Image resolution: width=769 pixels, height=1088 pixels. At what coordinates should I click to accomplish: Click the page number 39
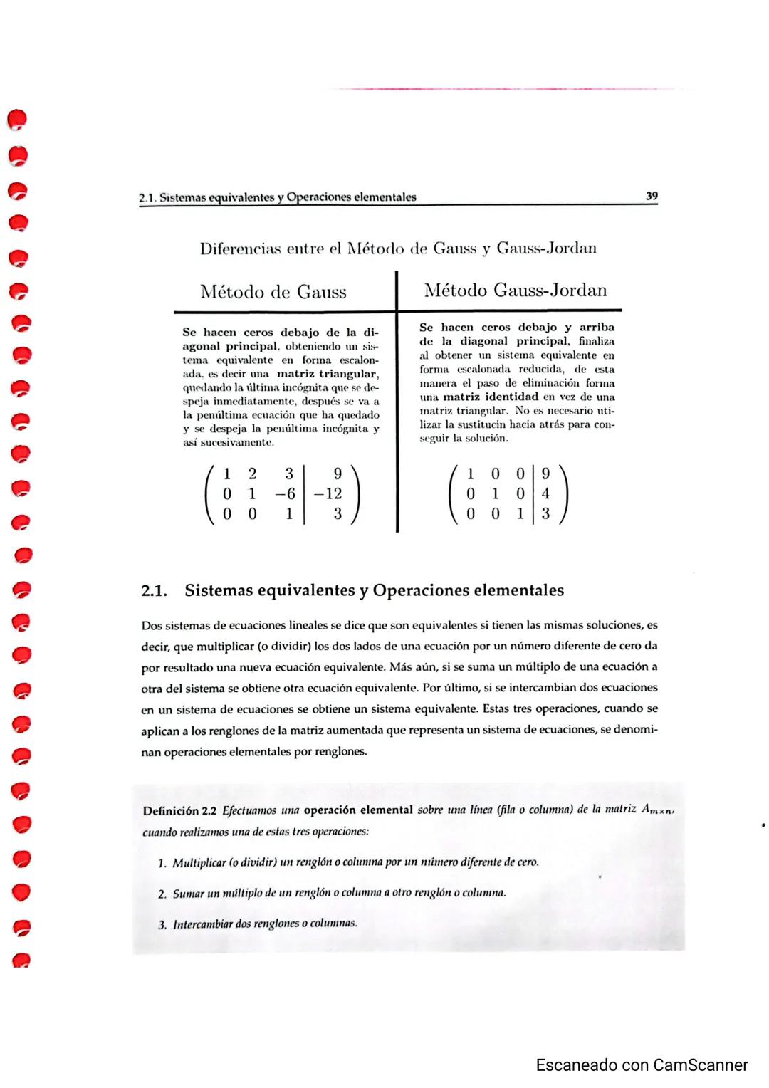pyautogui.click(x=651, y=196)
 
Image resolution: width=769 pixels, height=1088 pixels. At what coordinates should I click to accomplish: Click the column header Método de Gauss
pyautogui.click(x=273, y=292)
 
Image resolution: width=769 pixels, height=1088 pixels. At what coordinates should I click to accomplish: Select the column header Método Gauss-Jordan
pyautogui.click(x=516, y=291)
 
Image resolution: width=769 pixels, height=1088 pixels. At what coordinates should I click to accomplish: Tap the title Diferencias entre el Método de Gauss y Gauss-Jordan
pyautogui.click(x=398, y=249)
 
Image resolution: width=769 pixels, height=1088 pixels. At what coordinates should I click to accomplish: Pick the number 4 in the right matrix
pyautogui.click(x=545, y=493)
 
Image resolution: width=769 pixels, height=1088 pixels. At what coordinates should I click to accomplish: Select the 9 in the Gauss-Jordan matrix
pyautogui.click(x=545, y=474)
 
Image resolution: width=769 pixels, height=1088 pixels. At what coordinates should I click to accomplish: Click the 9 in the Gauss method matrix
pyautogui.click(x=337, y=474)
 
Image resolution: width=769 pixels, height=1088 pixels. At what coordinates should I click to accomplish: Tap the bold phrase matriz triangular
pyautogui.click(x=328, y=374)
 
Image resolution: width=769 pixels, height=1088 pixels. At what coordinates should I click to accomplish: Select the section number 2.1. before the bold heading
pyautogui.click(x=155, y=591)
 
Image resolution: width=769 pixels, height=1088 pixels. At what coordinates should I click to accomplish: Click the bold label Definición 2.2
pyautogui.click(x=180, y=811)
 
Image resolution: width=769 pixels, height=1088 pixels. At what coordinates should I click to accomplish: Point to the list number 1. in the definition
pyautogui.click(x=162, y=863)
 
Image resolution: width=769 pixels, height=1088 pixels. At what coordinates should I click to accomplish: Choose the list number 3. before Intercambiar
pyautogui.click(x=162, y=924)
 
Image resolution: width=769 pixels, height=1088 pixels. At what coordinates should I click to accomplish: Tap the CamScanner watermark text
pyautogui.click(x=642, y=1065)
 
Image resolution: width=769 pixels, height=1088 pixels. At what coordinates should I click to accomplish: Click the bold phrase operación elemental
pyautogui.click(x=358, y=810)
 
